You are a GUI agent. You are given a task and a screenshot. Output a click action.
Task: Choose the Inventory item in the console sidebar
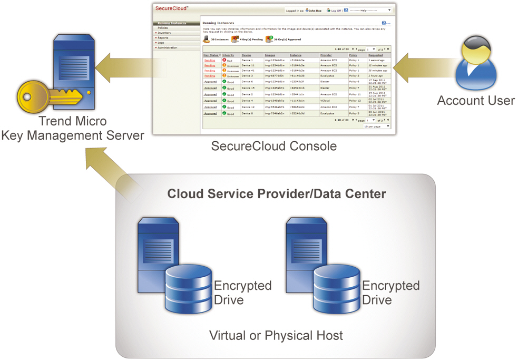[164, 33]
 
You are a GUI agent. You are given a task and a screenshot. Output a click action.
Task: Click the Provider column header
[327, 55]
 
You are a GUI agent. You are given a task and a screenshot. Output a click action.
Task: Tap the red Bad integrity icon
[224, 61]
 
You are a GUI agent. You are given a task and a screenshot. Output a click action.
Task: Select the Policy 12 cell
[355, 101]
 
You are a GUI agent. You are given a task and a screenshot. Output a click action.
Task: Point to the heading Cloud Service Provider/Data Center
[277, 194]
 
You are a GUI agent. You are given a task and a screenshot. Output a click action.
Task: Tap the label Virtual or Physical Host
[276, 335]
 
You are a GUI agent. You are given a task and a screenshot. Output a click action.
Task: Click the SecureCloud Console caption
[274, 145]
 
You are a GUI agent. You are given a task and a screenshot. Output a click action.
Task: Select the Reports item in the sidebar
[163, 38]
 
